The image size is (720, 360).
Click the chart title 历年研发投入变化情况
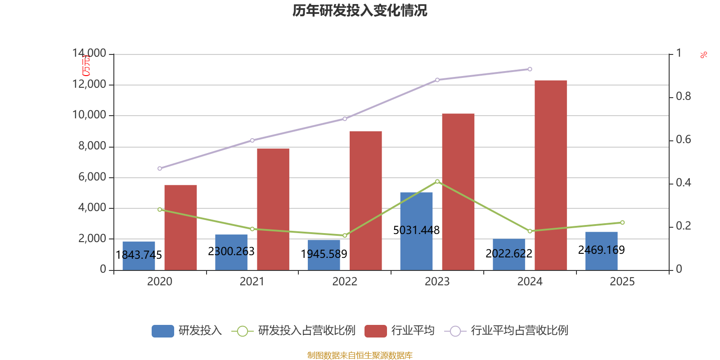pyautogui.click(x=360, y=10)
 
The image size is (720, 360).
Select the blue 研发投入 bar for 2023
pyautogui.click(x=416, y=211)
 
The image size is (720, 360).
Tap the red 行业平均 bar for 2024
pyautogui.click(x=550, y=175)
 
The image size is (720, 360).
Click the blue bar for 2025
pyautogui.click(x=601, y=261)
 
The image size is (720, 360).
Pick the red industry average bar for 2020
pyautogui.click(x=180, y=227)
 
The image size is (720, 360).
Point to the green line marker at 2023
pyautogui.click(x=437, y=181)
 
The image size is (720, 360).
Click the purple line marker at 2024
pyautogui.click(x=530, y=69)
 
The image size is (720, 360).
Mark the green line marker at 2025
pyautogui.click(x=622, y=222)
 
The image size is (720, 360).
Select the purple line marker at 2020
pyautogui.click(x=160, y=168)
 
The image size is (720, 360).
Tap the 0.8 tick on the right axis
pyautogui.click(x=683, y=96)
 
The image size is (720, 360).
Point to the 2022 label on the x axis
pyautogui.click(x=344, y=282)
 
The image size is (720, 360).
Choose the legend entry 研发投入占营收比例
pyautogui.click(x=306, y=331)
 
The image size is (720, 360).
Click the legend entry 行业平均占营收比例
pyautogui.click(x=519, y=331)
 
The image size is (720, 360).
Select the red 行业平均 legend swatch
pyautogui.click(x=376, y=331)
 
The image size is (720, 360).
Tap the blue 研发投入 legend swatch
pyautogui.click(x=163, y=331)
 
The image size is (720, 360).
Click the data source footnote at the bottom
pyautogui.click(x=360, y=355)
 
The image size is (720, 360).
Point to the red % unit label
pyautogui.click(x=703, y=55)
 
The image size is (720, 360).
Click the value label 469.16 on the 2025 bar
pyautogui.click(x=601, y=250)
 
